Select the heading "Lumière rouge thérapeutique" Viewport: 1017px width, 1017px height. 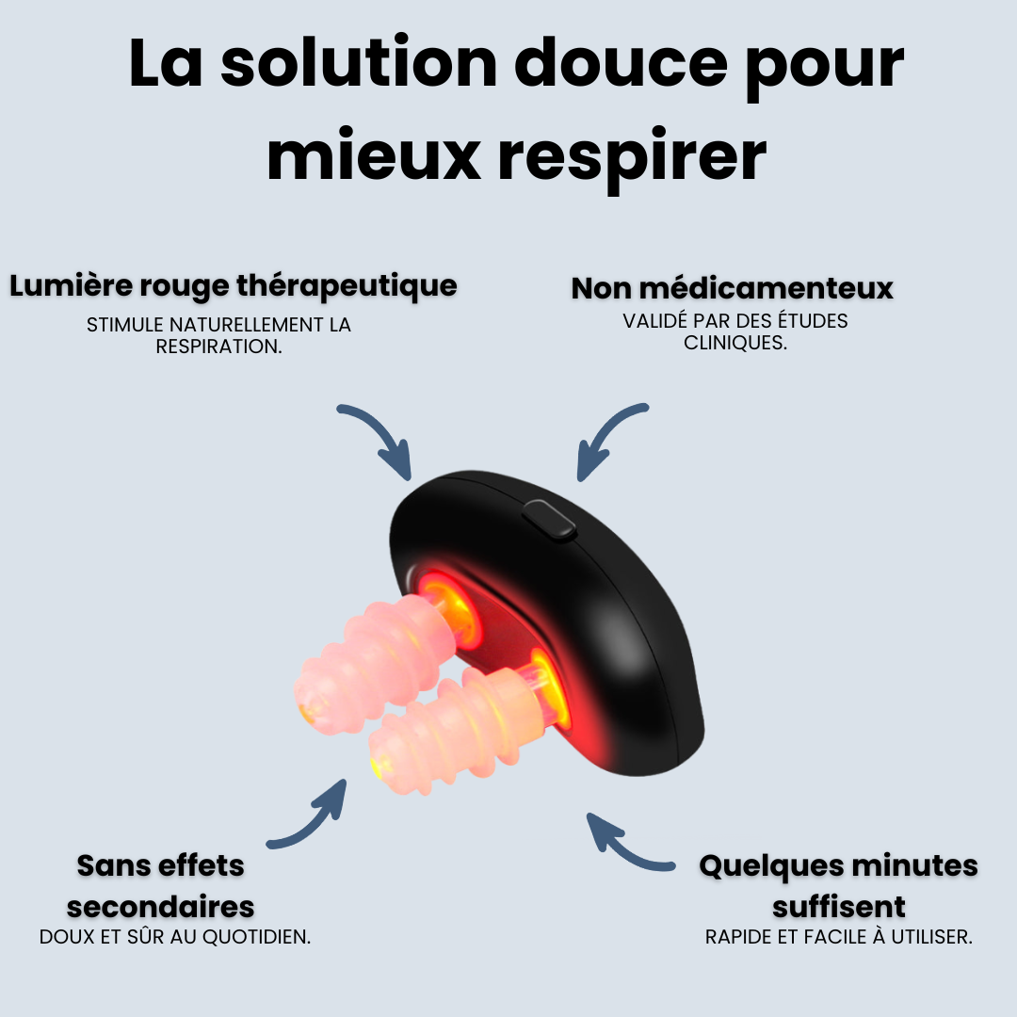tap(234, 285)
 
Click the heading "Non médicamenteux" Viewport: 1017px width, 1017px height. tap(732, 288)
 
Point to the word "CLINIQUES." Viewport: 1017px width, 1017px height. tap(735, 343)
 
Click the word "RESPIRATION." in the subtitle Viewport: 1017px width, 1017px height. tap(219, 347)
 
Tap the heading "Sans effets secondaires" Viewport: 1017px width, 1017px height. tap(161, 885)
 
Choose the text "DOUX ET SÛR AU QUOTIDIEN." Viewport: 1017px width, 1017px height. tap(175, 938)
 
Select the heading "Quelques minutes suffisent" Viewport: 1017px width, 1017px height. tap(838, 885)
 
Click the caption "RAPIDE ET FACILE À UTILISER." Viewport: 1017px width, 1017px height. tap(838, 938)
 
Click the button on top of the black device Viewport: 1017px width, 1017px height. tap(550, 520)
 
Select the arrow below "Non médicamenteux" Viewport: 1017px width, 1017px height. tap(609, 439)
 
